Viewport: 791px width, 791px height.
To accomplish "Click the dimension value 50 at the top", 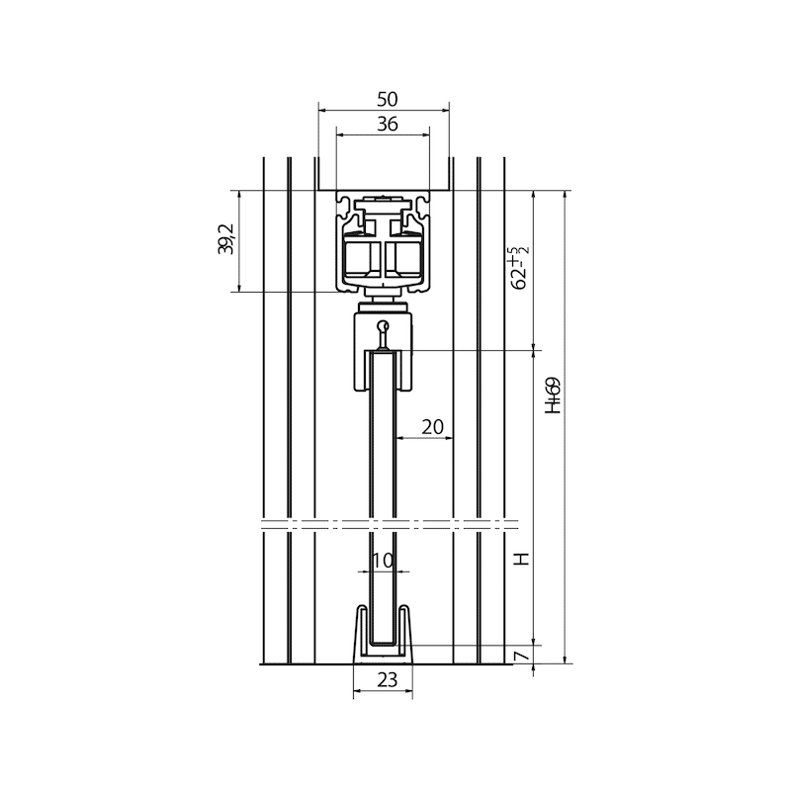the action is coord(388,100).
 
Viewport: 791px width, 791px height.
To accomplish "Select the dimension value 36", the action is coord(388,124).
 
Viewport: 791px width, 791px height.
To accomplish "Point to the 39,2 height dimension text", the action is coord(225,239).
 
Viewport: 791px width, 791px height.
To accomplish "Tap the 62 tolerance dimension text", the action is coord(519,268).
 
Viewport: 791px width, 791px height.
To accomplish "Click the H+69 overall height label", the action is coord(554,395).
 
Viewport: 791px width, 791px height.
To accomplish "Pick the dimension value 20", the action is coord(432,427).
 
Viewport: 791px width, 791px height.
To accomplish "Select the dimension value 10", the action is coord(383,560).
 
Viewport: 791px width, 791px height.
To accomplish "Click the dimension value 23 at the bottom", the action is coord(388,680).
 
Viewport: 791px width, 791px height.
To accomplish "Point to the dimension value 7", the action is coord(523,656).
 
